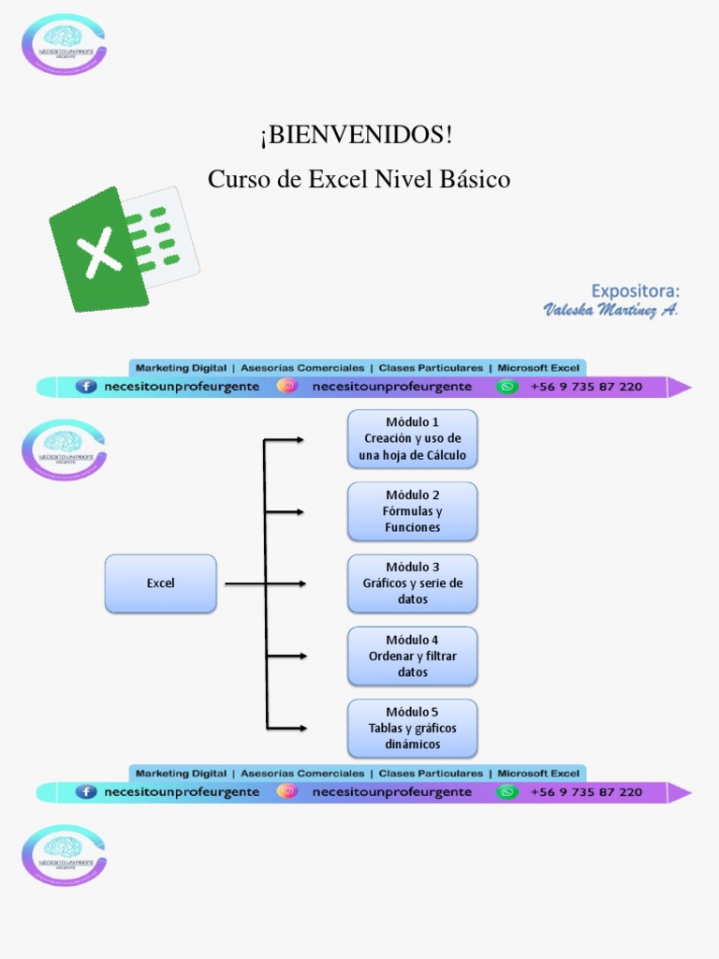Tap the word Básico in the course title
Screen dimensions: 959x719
(x=473, y=179)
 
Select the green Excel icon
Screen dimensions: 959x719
(x=123, y=248)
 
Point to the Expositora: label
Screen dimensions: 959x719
(x=635, y=290)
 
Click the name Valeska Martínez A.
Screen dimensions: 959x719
(x=610, y=310)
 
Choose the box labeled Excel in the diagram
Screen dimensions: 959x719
(x=160, y=583)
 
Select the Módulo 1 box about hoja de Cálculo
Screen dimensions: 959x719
(x=412, y=438)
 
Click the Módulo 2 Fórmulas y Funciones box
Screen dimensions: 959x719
(x=412, y=511)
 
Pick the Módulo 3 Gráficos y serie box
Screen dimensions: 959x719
(x=412, y=583)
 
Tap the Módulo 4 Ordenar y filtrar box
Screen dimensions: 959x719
(x=412, y=656)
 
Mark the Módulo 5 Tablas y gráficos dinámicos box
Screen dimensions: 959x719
(x=412, y=728)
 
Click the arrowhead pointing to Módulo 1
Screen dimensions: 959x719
(x=300, y=439)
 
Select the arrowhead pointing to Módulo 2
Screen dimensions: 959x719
(x=300, y=511)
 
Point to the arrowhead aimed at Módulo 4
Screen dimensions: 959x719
(x=301, y=656)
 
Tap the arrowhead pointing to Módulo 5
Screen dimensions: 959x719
(x=301, y=728)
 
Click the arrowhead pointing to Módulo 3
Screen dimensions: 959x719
(x=301, y=583)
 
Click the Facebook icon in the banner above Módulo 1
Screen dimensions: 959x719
(x=86, y=386)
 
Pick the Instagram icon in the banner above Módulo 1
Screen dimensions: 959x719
(x=286, y=386)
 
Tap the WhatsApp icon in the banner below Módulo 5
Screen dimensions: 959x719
(x=506, y=791)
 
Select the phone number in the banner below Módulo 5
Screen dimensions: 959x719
(x=586, y=791)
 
